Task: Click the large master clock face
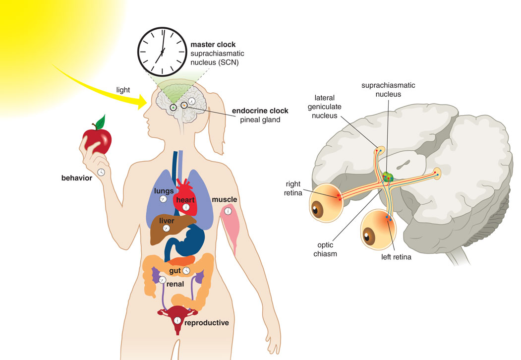pyautogui.click(x=163, y=52)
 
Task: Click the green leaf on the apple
pyautogui.click(x=100, y=122)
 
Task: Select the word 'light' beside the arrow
pyautogui.click(x=123, y=90)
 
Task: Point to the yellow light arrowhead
pyautogui.click(x=142, y=101)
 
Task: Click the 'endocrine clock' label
pyautogui.click(x=260, y=111)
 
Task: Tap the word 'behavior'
pyautogui.click(x=77, y=178)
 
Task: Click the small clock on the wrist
pyautogui.click(x=101, y=172)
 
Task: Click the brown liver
pyautogui.click(x=168, y=230)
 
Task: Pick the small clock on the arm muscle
pyautogui.click(x=228, y=211)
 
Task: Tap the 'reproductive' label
pyautogui.click(x=207, y=323)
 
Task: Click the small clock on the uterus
pyautogui.click(x=178, y=320)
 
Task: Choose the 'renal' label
pyautogui.click(x=175, y=284)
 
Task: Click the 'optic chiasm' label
pyautogui.click(x=325, y=249)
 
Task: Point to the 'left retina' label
pyautogui.click(x=396, y=257)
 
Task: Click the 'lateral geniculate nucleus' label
pyautogui.click(x=324, y=107)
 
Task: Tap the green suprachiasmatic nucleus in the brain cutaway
pyautogui.click(x=388, y=177)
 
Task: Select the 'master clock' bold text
pyautogui.click(x=213, y=45)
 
